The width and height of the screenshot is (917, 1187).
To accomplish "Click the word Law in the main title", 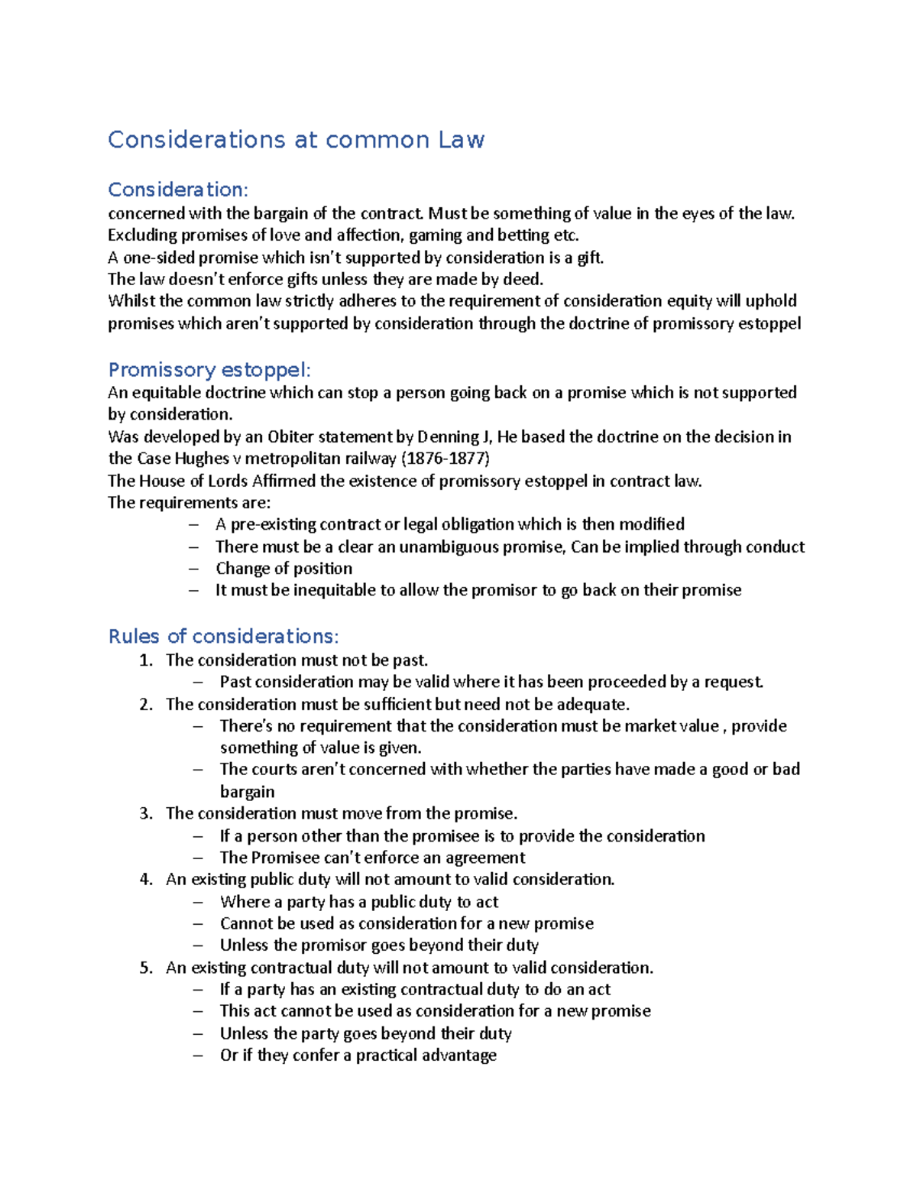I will click(x=461, y=140).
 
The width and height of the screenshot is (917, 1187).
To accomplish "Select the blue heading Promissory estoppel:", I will click(x=209, y=370).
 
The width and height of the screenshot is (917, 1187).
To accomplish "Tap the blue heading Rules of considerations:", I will click(x=223, y=636).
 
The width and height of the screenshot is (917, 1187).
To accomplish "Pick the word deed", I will click(x=523, y=279).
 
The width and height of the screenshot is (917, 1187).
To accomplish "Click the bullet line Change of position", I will click(x=284, y=569).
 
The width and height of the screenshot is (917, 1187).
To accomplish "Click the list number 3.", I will click(x=145, y=813).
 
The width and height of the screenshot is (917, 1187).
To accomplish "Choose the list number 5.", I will click(x=145, y=968).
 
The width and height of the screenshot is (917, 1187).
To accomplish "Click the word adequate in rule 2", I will click(x=591, y=704).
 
